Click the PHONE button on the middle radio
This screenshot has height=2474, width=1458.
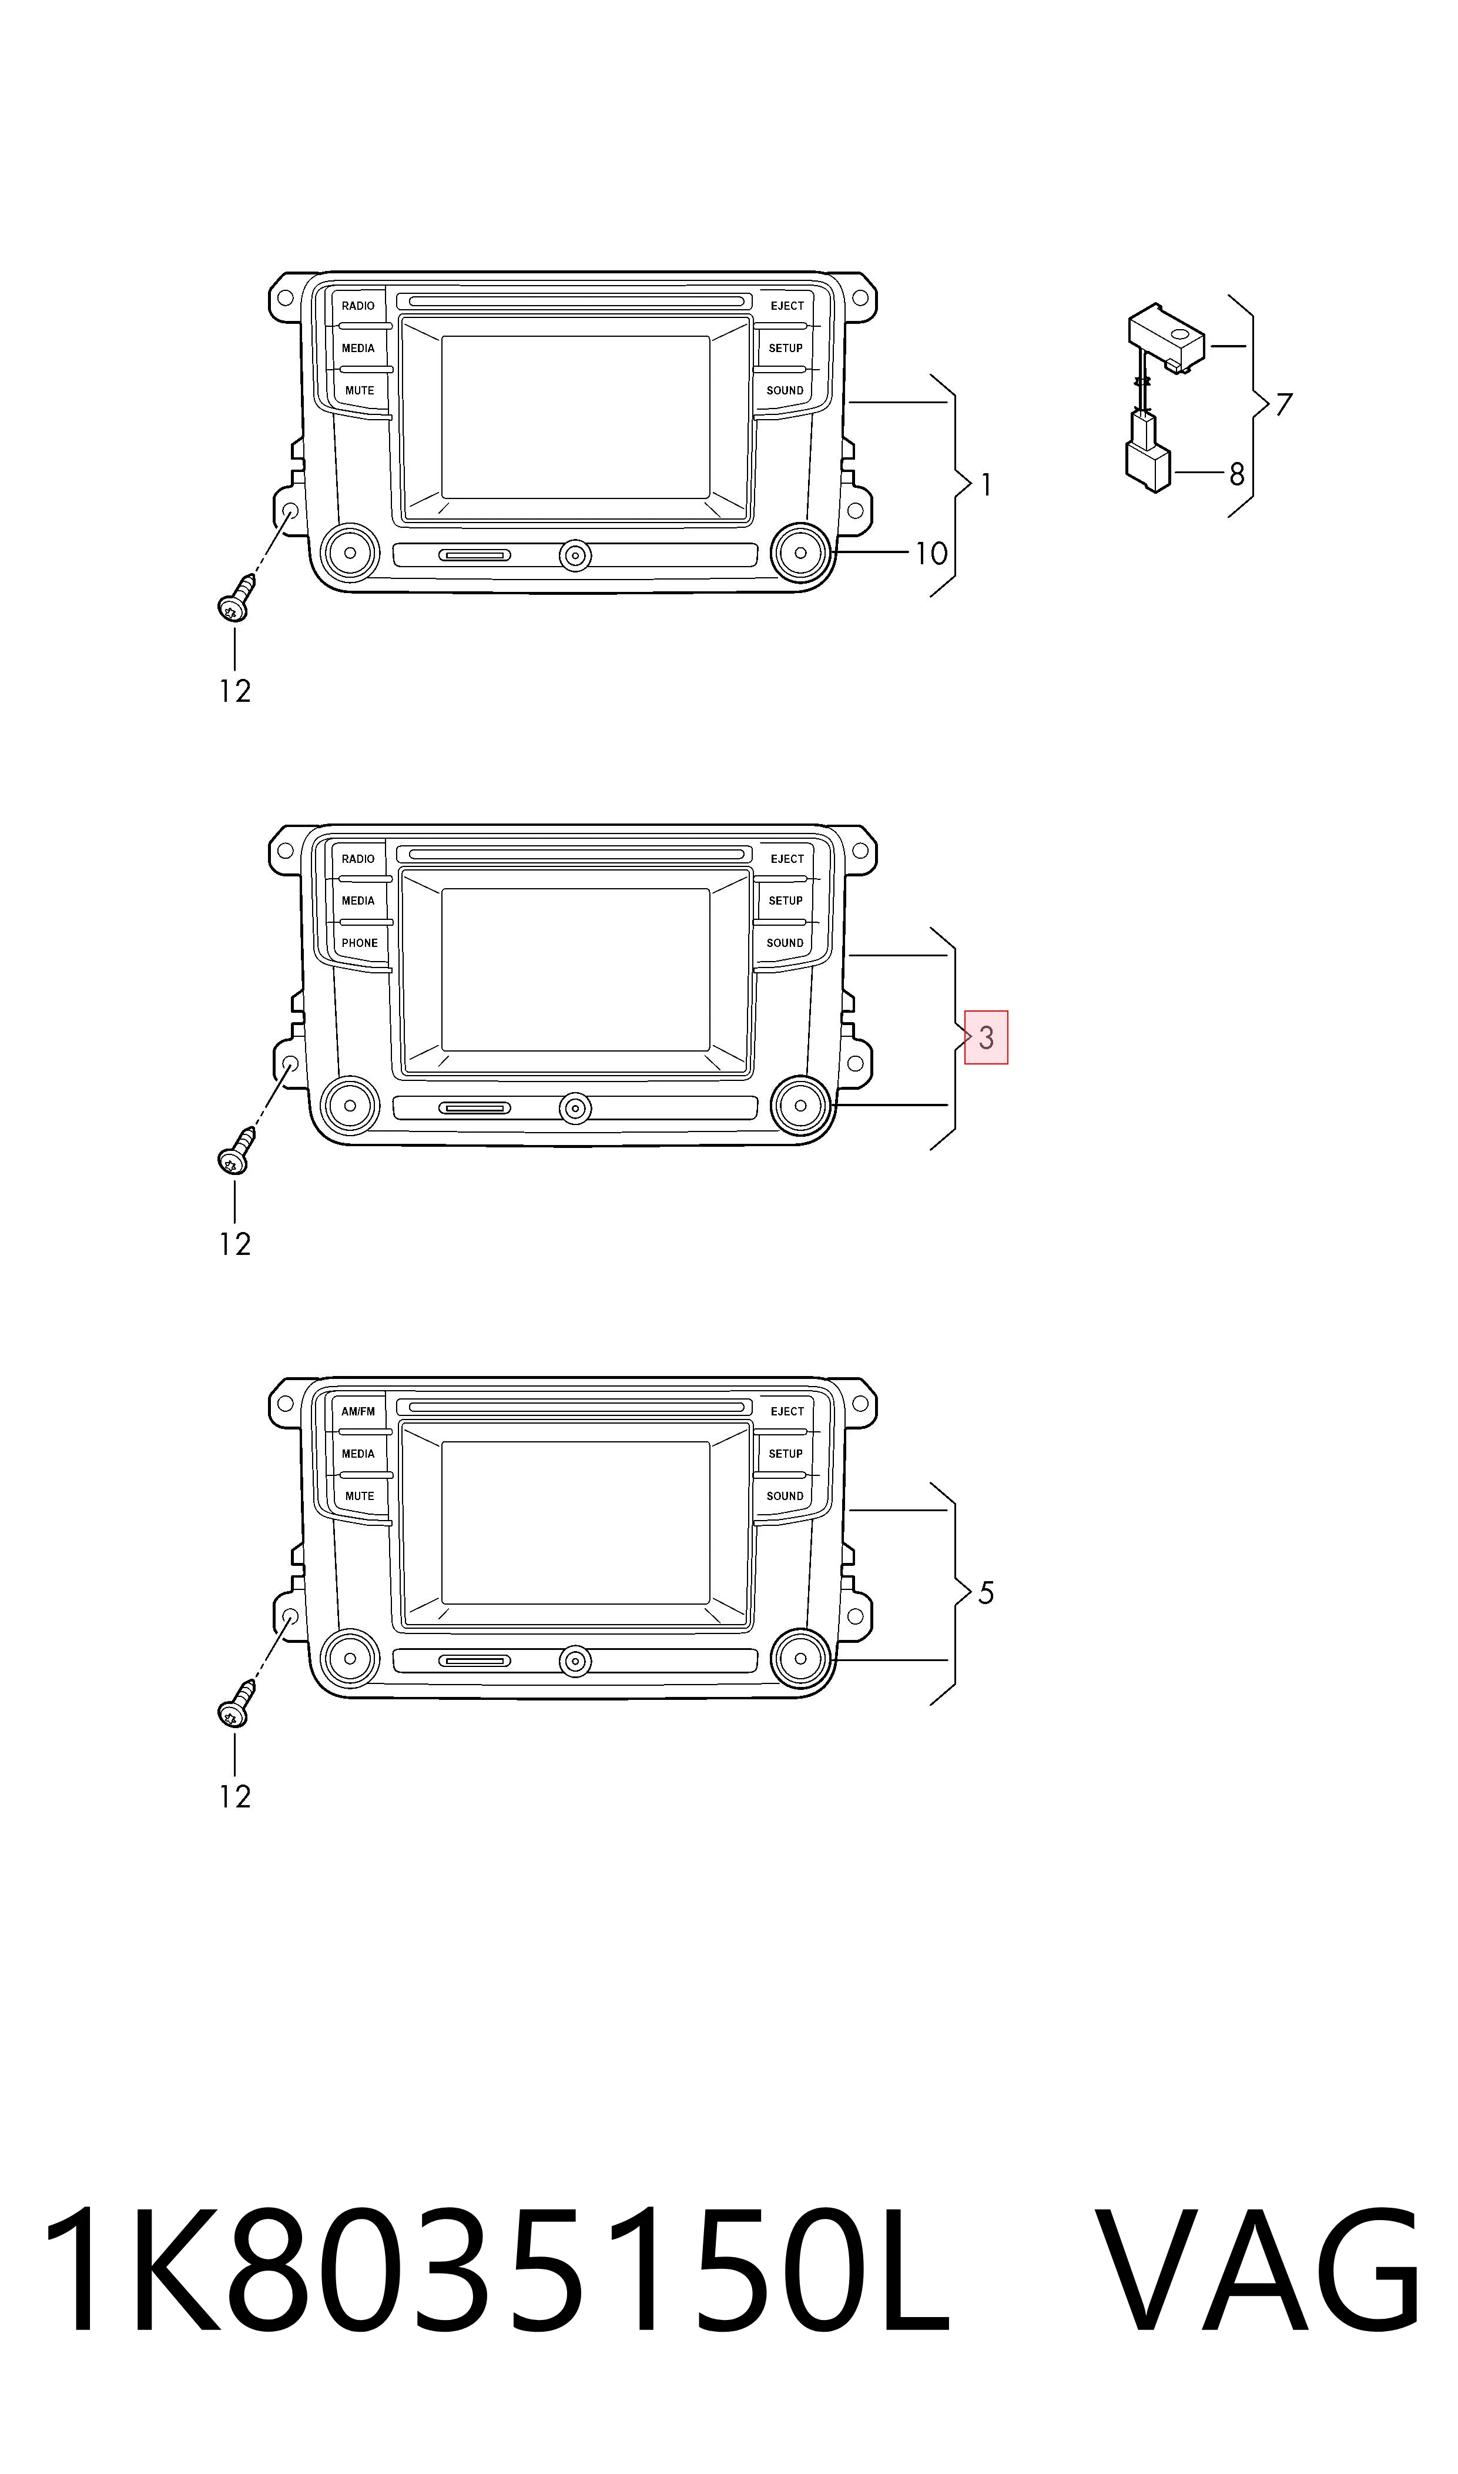[x=360, y=943]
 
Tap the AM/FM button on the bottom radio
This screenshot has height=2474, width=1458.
[x=358, y=1412]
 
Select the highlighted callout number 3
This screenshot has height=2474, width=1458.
[x=987, y=1037]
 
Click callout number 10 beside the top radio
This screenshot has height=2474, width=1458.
[x=931, y=554]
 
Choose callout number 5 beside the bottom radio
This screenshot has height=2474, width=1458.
[x=987, y=1593]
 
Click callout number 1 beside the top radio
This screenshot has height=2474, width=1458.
[x=987, y=486]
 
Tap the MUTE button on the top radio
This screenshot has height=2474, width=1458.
[x=360, y=391]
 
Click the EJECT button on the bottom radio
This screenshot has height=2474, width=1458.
[x=787, y=1412]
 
